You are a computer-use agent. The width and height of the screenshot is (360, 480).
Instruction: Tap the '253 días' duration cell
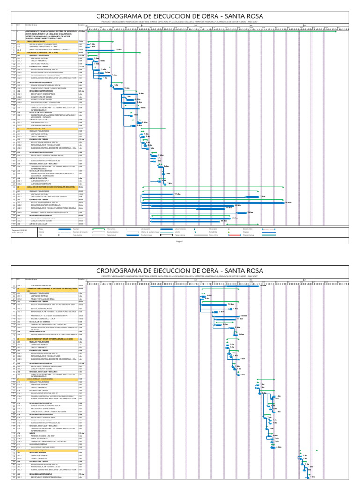pos(82,31)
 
